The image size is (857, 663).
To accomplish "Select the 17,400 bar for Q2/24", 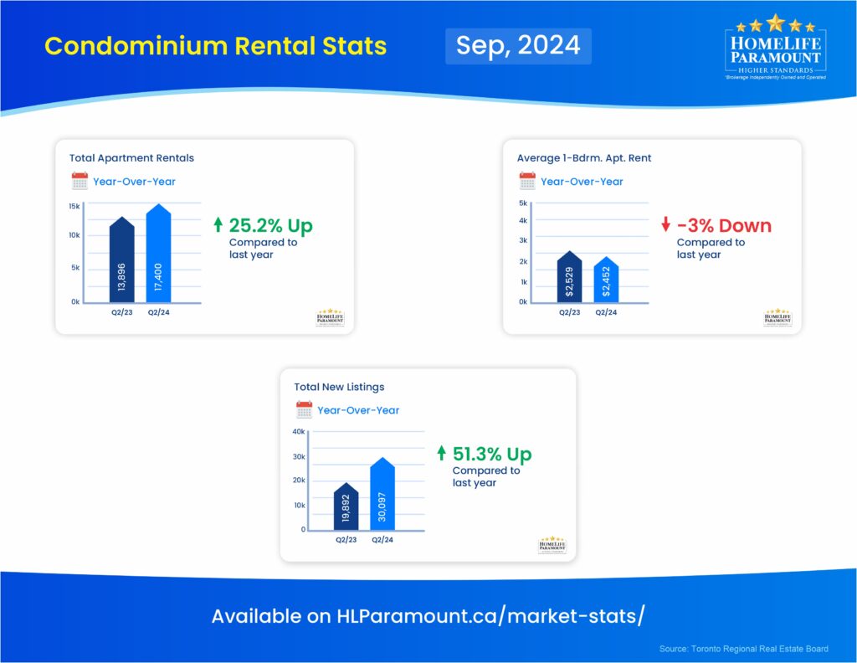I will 158,255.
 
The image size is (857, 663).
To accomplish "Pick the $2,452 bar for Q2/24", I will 606,281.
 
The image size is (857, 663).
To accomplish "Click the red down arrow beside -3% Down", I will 665,225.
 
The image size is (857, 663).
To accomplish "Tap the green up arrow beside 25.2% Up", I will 218,225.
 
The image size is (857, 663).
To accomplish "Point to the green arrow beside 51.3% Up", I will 442,454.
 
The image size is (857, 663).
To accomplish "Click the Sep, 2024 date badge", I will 518,45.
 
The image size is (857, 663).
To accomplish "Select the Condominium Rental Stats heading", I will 215,46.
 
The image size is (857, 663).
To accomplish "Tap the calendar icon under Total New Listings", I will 304,410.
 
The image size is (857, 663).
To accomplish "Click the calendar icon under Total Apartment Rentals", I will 80,181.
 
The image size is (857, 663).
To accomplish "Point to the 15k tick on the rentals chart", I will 74,206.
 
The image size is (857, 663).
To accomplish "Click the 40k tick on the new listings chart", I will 299,432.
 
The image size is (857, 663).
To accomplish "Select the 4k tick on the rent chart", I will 522,221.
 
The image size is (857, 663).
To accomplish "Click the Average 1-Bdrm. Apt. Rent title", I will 584,157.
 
